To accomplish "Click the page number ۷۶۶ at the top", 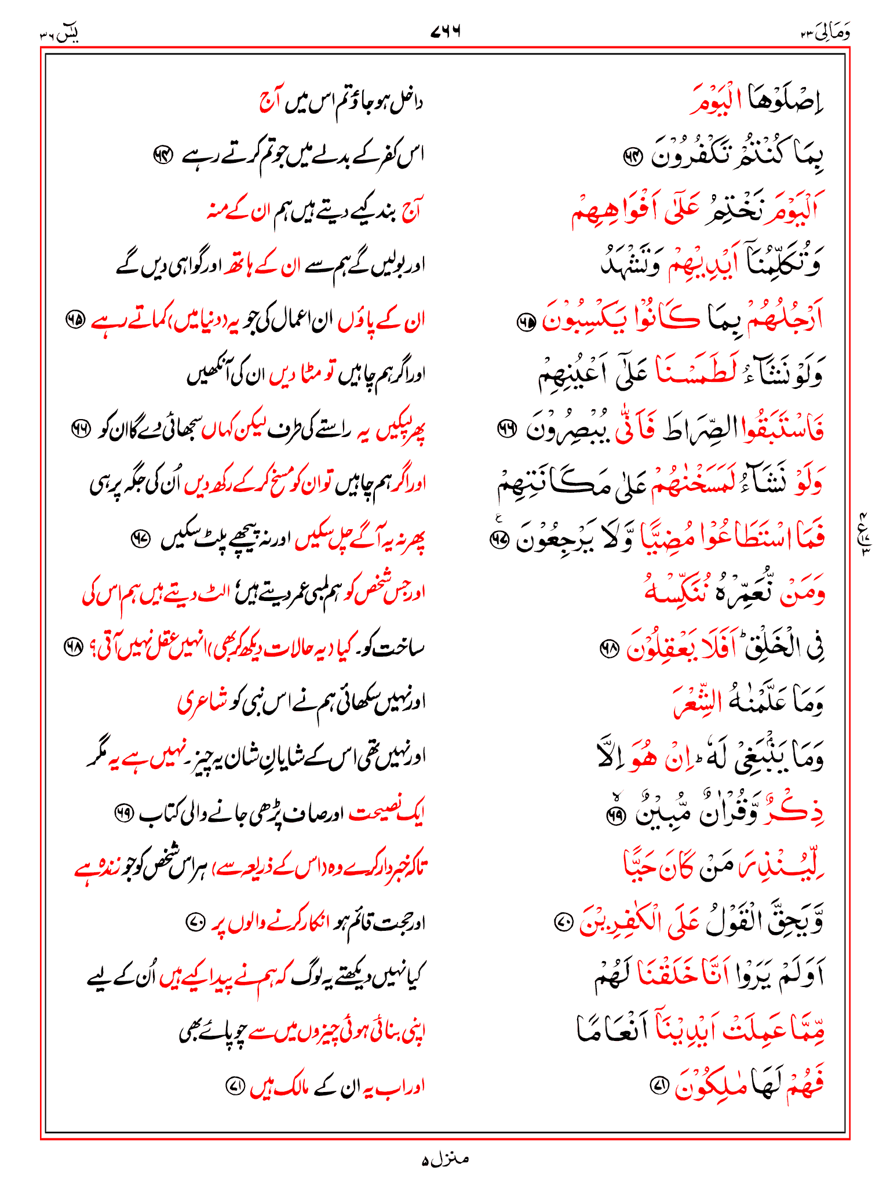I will [x=445, y=31].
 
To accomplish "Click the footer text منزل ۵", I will [x=444, y=1159].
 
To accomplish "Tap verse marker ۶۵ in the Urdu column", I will [x=75, y=319].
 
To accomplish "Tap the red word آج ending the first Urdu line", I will [x=269, y=102].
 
